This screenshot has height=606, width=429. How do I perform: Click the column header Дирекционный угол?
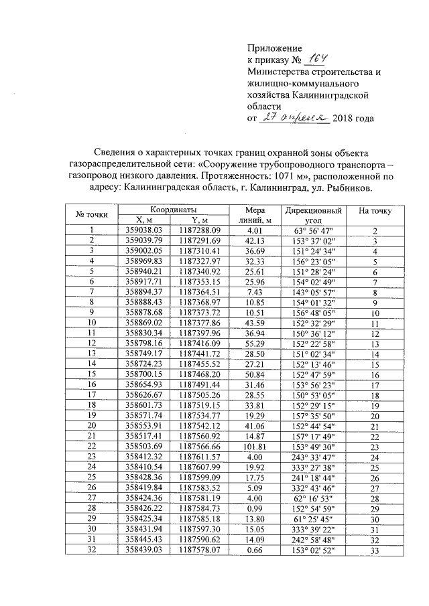(x=313, y=214)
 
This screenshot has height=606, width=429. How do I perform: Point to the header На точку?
(x=375, y=210)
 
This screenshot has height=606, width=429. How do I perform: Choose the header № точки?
(x=93, y=214)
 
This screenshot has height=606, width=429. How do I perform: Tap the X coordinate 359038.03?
(x=145, y=230)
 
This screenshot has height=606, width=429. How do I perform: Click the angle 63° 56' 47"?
(x=313, y=230)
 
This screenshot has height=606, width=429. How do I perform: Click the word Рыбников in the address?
(x=349, y=188)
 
